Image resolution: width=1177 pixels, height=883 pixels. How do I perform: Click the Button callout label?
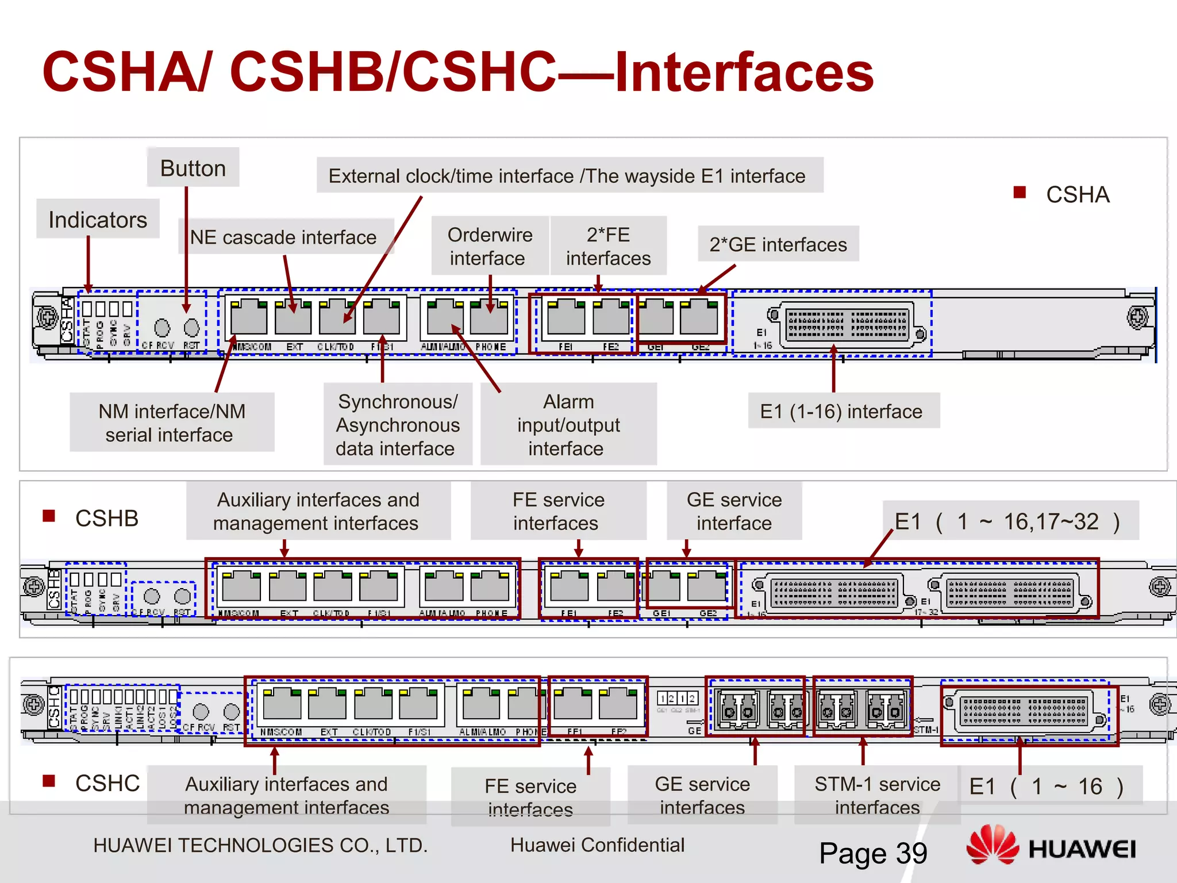[x=193, y=168]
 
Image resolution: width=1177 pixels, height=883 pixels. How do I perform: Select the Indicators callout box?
[x=98, y=220]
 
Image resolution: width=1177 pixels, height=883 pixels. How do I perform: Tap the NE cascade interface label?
[x=283, y=237]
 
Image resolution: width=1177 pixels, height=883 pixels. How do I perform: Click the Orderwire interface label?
[x=490, y=246]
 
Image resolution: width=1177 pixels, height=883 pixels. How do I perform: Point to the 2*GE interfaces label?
[x=778, y=244]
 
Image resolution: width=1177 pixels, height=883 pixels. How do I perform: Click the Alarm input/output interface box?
[x=568, y=424]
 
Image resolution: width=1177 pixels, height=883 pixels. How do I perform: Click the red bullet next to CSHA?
[x=1020, y=193]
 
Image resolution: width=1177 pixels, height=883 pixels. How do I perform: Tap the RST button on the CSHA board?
[x=191, y=328]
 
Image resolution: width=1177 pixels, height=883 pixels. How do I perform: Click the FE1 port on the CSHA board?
[x=566, y=318]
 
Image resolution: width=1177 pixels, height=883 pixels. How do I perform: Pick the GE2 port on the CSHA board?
[x=699, y=318]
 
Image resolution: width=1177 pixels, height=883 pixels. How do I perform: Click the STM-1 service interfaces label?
[x=877, y=795]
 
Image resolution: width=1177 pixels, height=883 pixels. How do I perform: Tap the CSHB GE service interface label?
[x=734, y=511]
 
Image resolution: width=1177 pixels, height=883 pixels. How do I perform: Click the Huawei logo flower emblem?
[x=993, y=845]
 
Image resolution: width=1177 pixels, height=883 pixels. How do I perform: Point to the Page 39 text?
[x=873, y=853]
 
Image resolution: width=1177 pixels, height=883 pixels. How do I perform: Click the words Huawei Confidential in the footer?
[x=597, y=844]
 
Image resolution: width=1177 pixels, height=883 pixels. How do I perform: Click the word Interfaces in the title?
[x=744, y=72]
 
